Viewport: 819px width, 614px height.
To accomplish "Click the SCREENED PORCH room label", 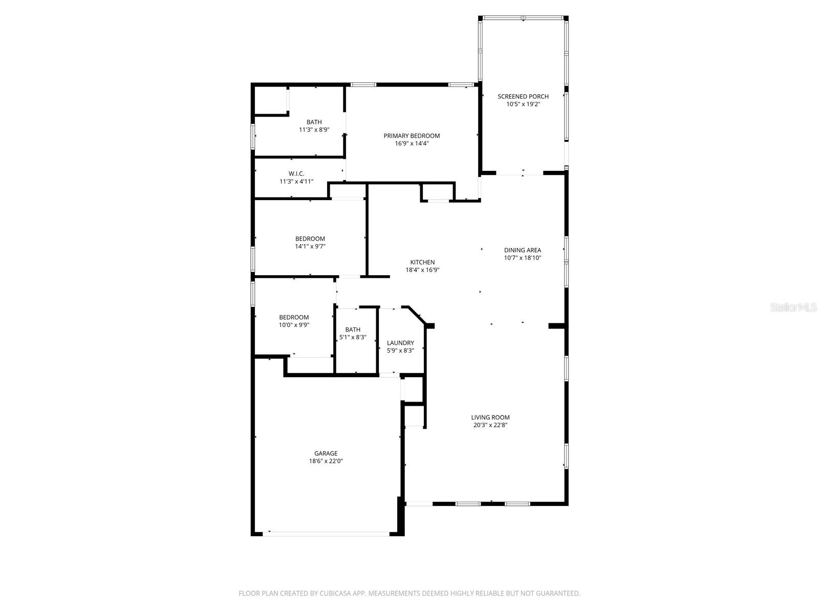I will (523, 96).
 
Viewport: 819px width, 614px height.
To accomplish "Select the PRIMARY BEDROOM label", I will (412, 136).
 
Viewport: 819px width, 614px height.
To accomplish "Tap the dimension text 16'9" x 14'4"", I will (412, 143).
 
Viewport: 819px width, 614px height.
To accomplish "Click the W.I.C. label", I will (296, 173).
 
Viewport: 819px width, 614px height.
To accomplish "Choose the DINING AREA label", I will (522, 250).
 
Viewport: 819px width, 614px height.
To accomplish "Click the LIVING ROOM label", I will (490, 417).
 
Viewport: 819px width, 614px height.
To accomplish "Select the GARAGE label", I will (326, 453).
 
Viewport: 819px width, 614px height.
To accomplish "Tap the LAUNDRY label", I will (400, 343).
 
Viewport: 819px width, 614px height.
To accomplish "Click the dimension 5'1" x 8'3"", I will (353, 337).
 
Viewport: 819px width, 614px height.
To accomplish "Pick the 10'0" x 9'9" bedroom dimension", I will (294, 324).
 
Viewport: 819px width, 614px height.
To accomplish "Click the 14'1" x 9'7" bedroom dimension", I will (310, 246).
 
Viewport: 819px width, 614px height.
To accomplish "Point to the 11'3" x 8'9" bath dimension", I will (314, 129).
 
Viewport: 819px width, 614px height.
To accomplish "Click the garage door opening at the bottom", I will (326, 534).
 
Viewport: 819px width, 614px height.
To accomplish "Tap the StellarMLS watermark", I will (794, 308).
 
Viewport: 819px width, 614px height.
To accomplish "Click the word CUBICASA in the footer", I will (333, 594).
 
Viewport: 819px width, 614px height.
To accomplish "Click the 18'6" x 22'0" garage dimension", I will (326, 461).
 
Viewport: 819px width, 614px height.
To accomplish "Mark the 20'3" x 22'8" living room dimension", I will (490, 425).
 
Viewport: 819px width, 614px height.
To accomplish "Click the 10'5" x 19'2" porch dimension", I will (523, 104).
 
